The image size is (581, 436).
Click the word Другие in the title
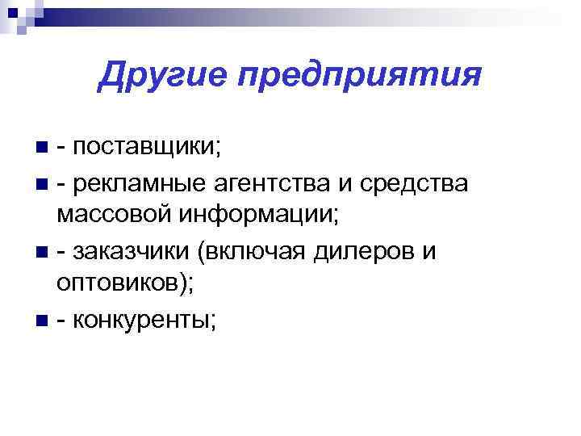click(153, 77)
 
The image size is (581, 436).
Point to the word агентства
click(275, 185)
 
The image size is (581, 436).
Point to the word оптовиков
click(117, 285)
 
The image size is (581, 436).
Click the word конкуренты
click(142, 321)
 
